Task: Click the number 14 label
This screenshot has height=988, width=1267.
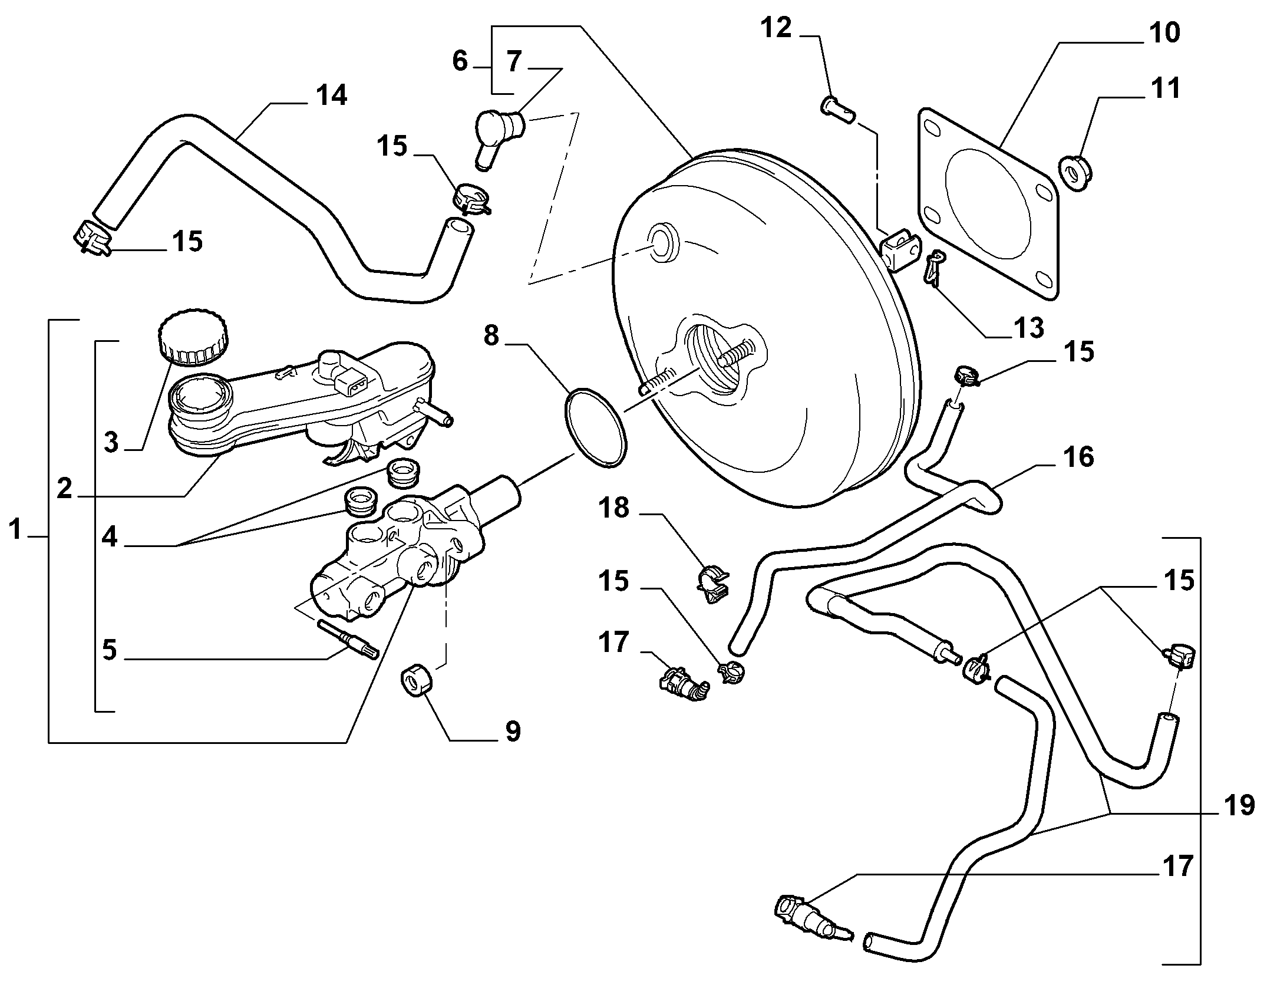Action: (x=331, y=95)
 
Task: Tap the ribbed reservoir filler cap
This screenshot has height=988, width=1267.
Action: (x=193, y=335)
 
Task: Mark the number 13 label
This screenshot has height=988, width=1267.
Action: (x=1028, y=328)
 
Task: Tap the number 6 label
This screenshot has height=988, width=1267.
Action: (x=460, y=61)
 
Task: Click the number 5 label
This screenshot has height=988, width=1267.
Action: (x=110, y=650)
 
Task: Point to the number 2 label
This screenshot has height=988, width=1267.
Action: (x=64, y=489)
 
